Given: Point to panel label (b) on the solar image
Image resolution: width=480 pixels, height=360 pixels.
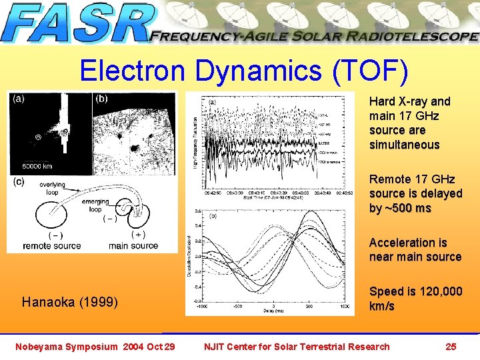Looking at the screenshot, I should pyautogui.click(x=102, y=99).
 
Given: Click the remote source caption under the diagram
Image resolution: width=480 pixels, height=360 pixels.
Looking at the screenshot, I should pyautogui.click(x=52, y=245).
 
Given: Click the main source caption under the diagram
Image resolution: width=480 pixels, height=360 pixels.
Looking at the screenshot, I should pyautogui.click(x=133, y=245).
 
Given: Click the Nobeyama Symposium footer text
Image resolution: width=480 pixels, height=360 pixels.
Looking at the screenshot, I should pyautogui.click(x=95, y=346).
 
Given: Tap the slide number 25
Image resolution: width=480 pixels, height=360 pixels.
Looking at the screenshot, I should pyautogui.click(x=451, y=346).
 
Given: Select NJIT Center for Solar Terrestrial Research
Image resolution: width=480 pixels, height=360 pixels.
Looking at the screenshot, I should pyautogui.click(x=297, y=346).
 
